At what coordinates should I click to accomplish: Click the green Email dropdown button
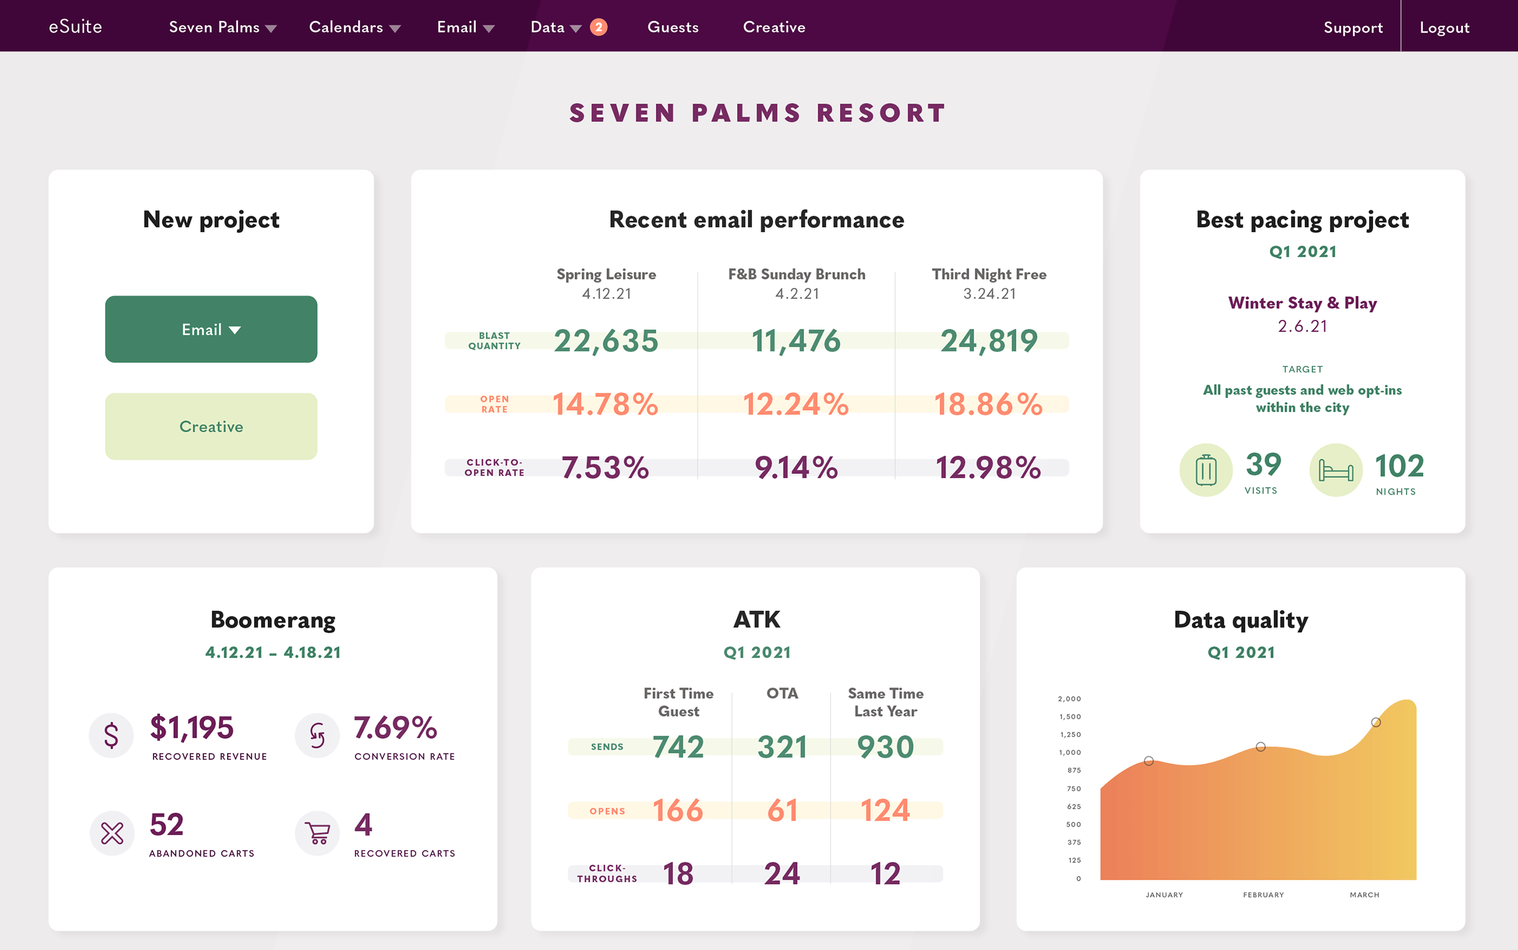211,329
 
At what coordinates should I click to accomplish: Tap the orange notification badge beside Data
599,27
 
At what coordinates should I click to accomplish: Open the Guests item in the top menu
673,27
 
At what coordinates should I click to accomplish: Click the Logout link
1444,28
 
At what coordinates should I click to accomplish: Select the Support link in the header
1353,28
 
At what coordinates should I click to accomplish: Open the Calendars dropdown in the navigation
354,27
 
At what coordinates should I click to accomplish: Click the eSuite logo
75,26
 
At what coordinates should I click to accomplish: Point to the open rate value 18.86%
988,404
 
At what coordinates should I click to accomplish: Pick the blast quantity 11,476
796,340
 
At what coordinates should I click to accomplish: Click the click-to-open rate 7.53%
605,467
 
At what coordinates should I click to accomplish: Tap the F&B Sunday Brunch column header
797,274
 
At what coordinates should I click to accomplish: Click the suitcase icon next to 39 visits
1206,470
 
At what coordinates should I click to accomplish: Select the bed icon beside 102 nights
1336,470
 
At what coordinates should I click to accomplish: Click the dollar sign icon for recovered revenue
111,735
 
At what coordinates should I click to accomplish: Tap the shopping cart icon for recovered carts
317,832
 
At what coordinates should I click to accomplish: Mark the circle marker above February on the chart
1260,747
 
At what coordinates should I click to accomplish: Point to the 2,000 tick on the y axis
1069,699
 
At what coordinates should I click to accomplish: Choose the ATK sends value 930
885,747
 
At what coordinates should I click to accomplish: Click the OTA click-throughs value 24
782,874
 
